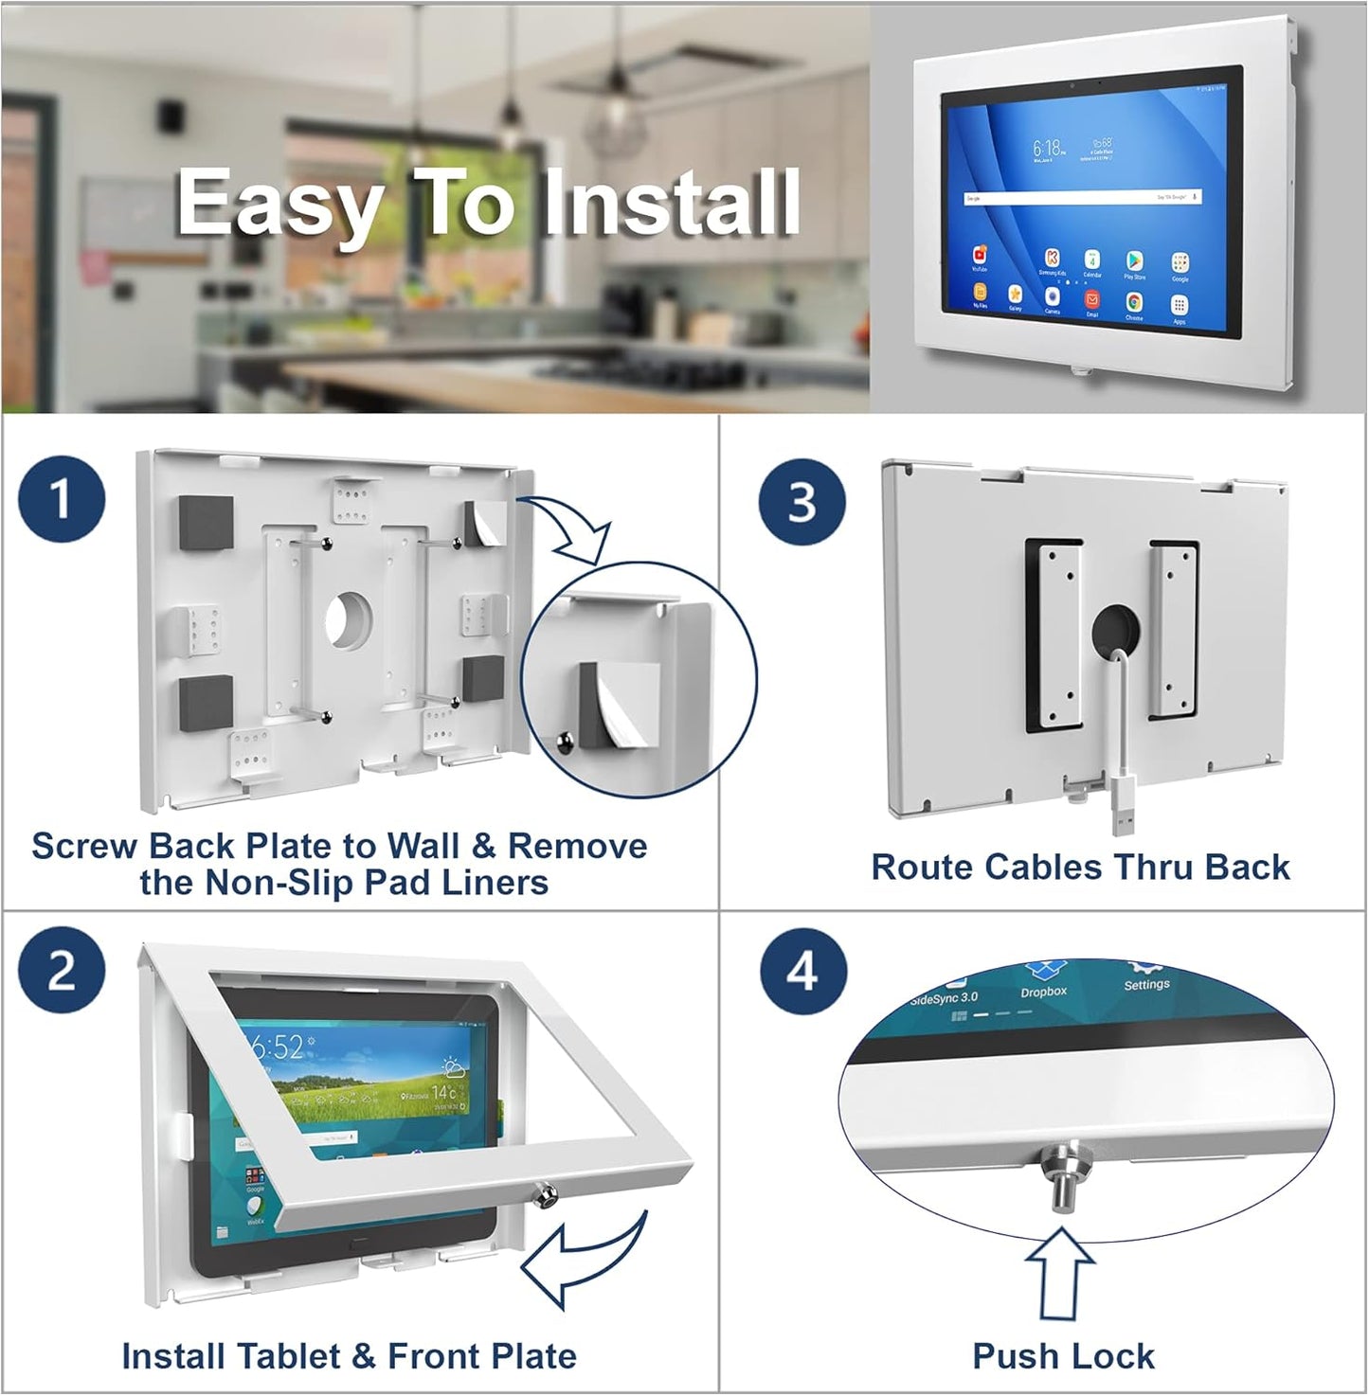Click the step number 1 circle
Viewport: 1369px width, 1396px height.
[62, 498]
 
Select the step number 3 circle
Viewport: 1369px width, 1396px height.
[802, 501]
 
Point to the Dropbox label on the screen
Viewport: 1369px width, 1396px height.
[1043, 992]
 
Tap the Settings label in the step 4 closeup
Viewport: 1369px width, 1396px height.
[1146, 984]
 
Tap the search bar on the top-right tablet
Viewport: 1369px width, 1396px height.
[1083, 198]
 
